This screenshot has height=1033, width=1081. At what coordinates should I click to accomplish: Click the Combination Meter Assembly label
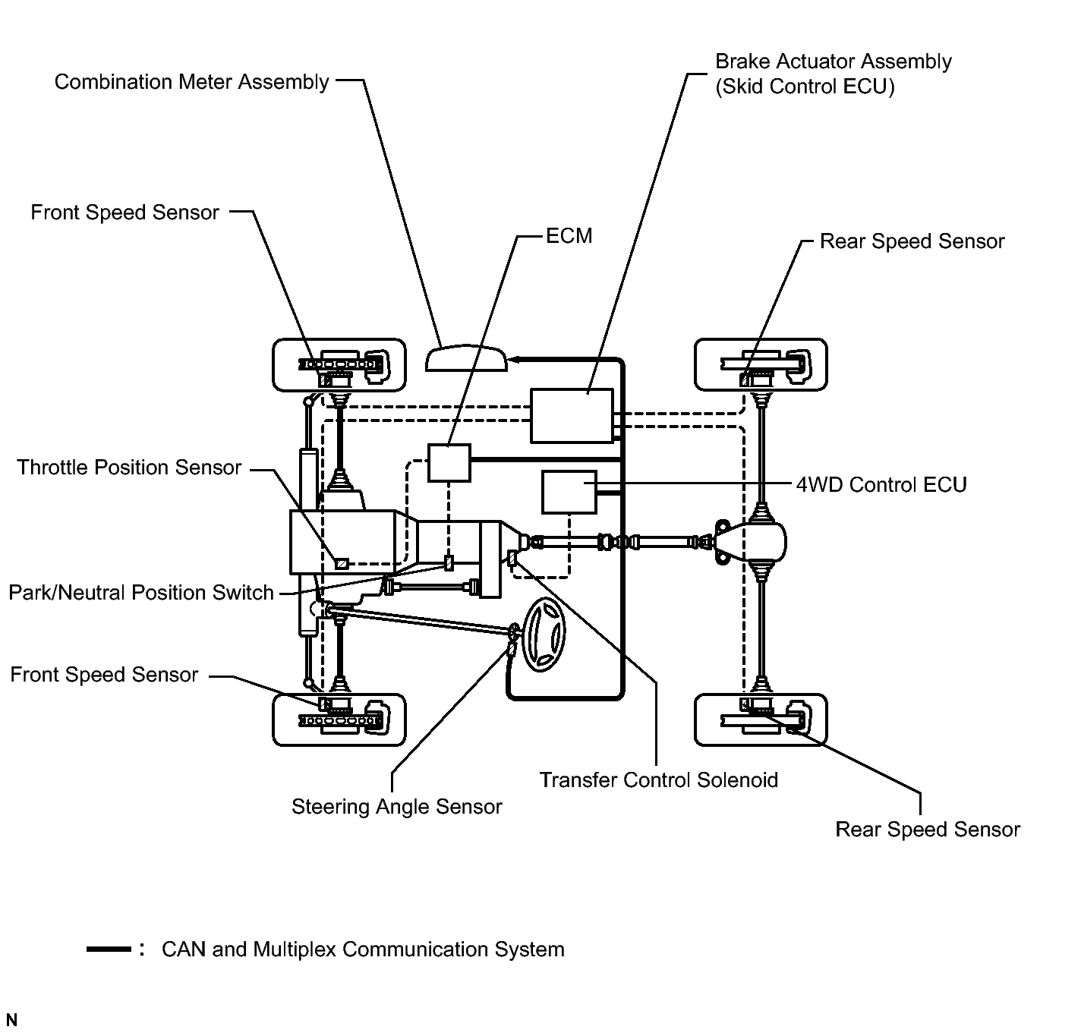pos(191,82)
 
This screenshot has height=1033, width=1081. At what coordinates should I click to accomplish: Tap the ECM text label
pos(569,236)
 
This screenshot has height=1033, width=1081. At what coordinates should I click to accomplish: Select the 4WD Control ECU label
pos(881,485)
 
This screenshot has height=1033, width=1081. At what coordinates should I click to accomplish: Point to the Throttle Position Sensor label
pos(129,468)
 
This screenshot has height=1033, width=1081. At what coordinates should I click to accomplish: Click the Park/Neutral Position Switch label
pos(141,593)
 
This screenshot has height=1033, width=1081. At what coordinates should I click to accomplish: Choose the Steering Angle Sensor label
pos(396,806)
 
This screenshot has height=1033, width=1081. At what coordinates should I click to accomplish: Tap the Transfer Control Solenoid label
pos(658,780)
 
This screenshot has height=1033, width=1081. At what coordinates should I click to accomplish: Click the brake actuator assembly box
pos(572,416)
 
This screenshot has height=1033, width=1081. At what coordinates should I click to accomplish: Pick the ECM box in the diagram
pos(449,463)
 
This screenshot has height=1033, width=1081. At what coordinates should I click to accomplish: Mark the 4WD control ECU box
pos(569,492)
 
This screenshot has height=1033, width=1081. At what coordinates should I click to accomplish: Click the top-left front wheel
pos(339,365)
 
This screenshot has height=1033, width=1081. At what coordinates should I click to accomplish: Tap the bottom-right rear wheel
pos(761,719)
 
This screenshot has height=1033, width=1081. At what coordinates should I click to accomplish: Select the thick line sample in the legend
pos(109,950)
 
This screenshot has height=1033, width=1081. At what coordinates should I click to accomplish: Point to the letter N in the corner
pos(11,1020)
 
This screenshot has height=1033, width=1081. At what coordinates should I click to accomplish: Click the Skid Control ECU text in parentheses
pos(805,87)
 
